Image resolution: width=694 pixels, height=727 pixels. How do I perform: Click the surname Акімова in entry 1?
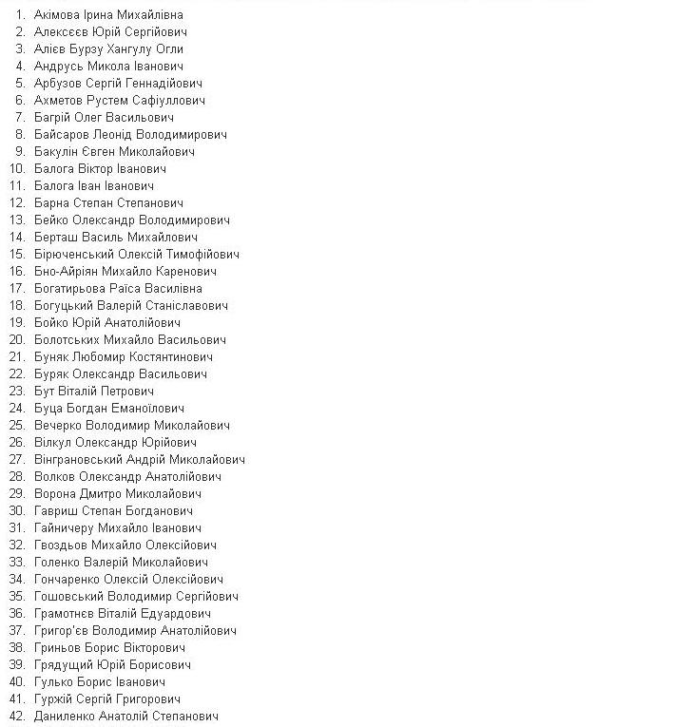59,15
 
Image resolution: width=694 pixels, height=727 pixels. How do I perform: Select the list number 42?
17,717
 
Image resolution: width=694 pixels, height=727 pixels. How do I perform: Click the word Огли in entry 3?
168,49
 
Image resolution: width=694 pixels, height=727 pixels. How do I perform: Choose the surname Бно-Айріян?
70,272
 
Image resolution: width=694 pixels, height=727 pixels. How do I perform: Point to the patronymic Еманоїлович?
149,409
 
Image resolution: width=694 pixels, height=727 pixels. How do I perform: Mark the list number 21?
17,357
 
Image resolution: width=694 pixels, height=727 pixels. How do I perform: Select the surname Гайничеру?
67,528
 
